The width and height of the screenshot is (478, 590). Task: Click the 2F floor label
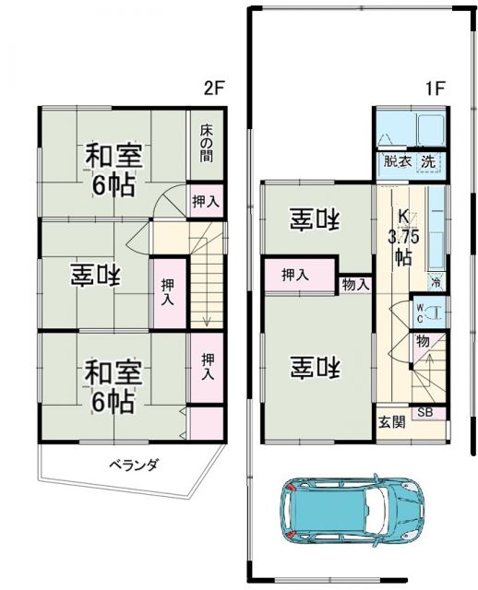pyautogui.click(x=214, y=89)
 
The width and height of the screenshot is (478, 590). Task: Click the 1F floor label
pyautogui.click(x=435, y=89)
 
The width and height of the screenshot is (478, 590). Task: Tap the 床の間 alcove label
pyautogui.click(x=206, y=144)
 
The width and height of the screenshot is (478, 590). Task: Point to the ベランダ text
pyautogui.click(x=134, y=465)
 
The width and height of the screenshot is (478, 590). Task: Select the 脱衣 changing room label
pyautogui.click(x=398, y=161)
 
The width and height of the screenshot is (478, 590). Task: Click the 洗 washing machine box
pyautogui.click(x=428, y=161)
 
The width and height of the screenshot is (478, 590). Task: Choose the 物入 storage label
pyautogui.click(x=355, y=285)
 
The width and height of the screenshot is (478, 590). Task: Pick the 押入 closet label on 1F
pyautogui.click(x=295, y=275)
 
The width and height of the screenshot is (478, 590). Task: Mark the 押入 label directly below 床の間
pyautogui.click(x=205, y=201)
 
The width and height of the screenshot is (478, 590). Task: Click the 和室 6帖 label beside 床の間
pyautogui.click(x=111, y=169)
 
